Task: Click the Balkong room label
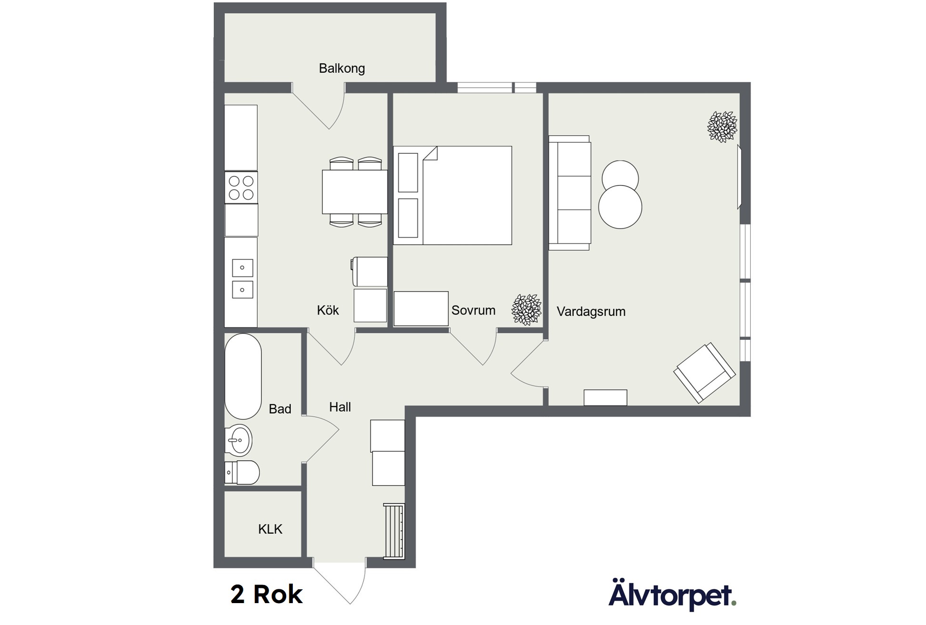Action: coord(342,69)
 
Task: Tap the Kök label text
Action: coord(328,310)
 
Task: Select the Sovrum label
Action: coord(473,310)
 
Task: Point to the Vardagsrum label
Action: coord(591,312)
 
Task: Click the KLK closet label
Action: coord(270,529)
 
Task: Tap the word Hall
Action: coord(340,407)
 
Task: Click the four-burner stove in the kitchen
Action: coord(241,188)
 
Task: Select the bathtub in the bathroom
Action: coord(243,377)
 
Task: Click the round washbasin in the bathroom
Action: coord(239,440)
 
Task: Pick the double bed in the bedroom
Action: coord(453,196)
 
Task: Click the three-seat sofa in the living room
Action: coord(570,193)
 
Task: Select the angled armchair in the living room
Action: coord(705,373)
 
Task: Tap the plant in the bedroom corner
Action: coord(526,309)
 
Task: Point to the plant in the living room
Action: coord(722,127)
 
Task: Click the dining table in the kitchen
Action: coord(355,192)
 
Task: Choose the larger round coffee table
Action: coord(620,207)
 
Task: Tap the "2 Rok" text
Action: coord(267,595)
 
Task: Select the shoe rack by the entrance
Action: coord(394,531)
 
